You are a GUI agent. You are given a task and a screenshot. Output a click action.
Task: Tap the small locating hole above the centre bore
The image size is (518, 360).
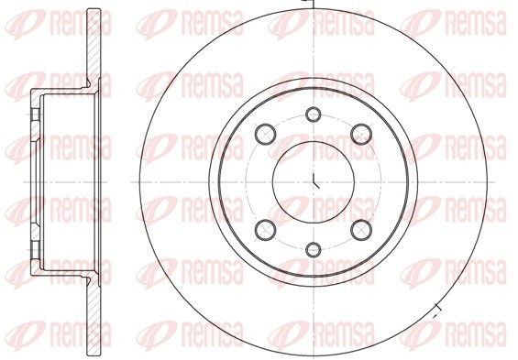point(314,115)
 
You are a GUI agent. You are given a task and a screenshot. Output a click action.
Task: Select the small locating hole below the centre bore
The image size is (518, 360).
point(314,249)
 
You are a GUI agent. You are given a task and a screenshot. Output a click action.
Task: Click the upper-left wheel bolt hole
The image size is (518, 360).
point(265,134)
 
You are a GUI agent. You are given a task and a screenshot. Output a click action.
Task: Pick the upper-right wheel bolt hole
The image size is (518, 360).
point(361,134)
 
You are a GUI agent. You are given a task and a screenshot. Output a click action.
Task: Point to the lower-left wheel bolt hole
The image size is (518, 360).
point(265,230)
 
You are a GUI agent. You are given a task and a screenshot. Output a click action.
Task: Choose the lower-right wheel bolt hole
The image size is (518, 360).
point(361,230)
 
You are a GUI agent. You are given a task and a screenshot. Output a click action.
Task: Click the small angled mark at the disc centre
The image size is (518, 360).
point(315,180)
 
